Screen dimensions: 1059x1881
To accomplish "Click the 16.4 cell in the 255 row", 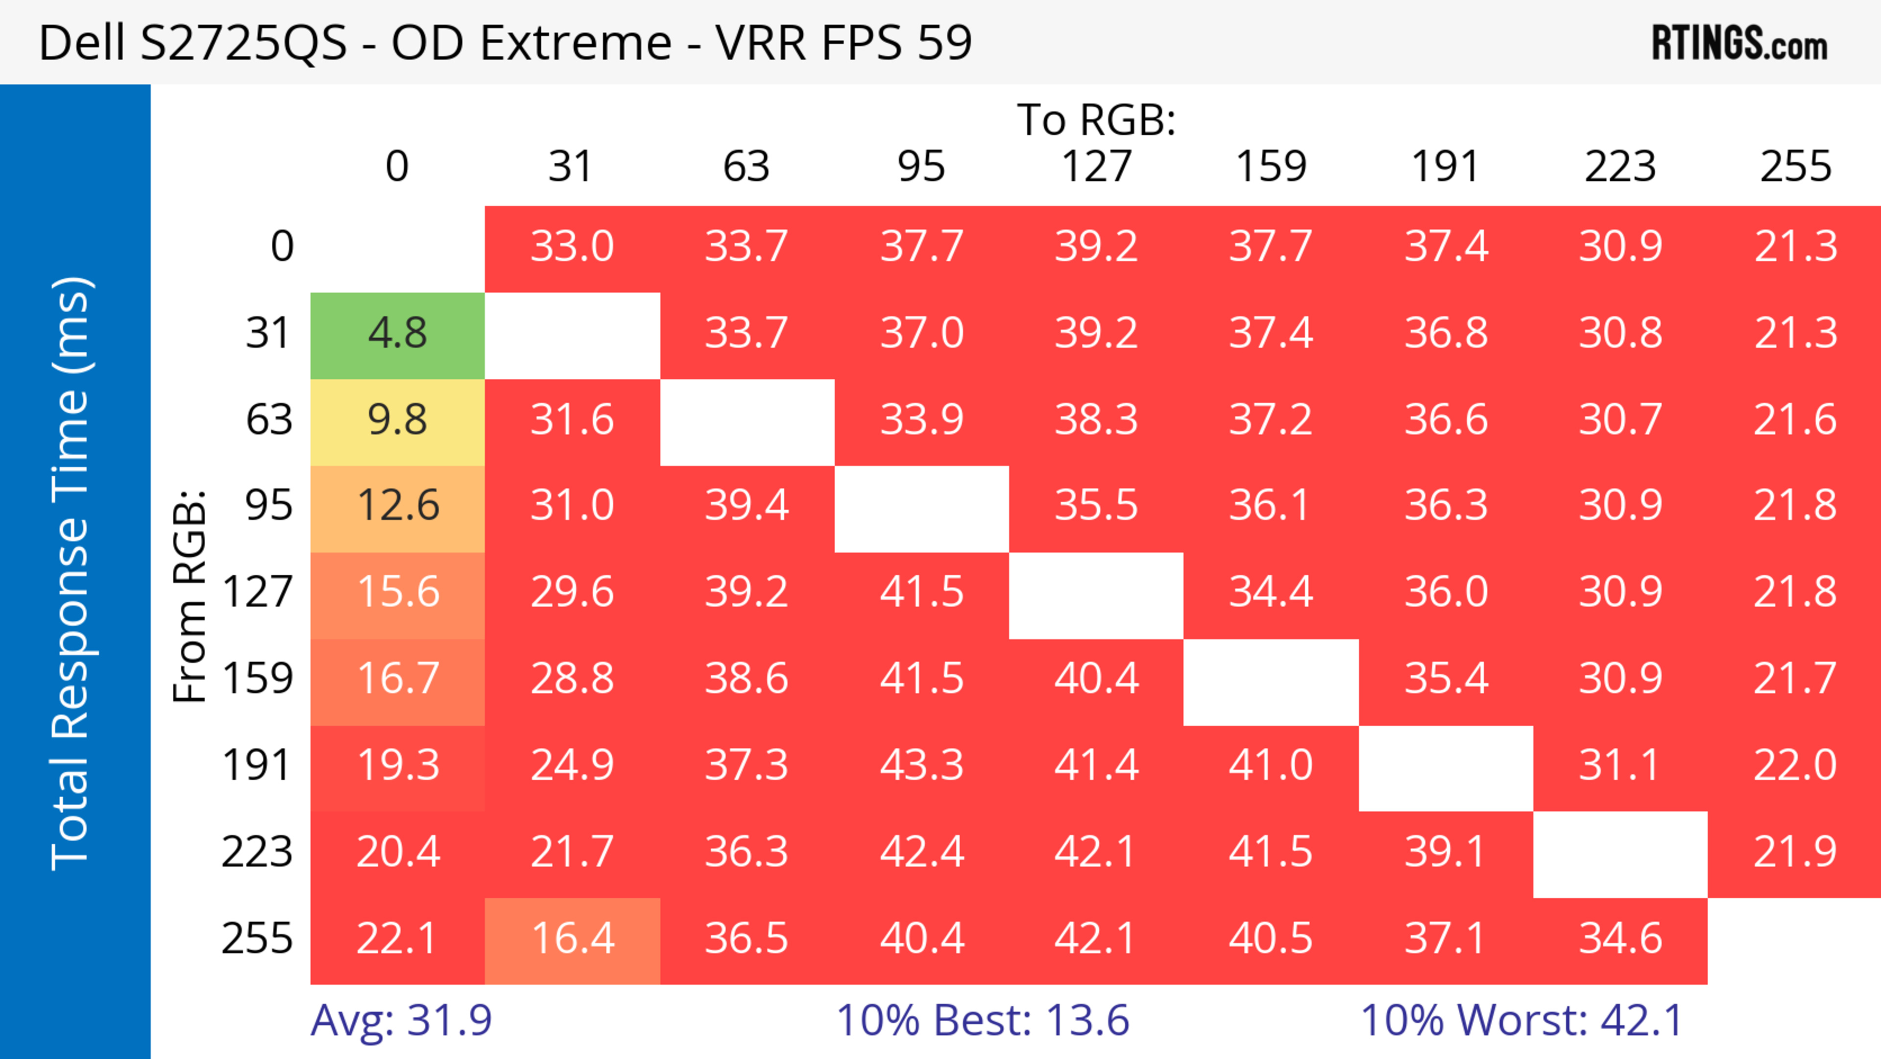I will [x=573, y=940].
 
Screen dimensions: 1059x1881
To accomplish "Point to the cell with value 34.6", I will [x=1620, y=940].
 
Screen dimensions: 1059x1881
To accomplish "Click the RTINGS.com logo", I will [x=1739, y=43].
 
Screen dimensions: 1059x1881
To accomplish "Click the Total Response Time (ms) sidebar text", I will [x=72, y=573].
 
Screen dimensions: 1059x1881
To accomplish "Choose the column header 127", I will [x=1096, y=167].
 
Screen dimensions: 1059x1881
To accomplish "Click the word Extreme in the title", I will [x=576, y=43].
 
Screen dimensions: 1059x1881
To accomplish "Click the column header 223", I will [x=1620, y=167].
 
